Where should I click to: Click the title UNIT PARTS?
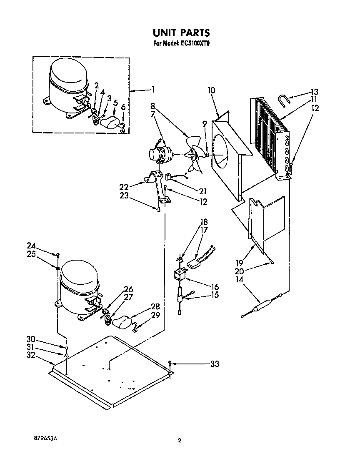point(180,33)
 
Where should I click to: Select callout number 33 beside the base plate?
point(214,364)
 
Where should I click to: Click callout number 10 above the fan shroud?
point(211,90)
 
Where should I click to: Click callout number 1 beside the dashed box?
point(153,89)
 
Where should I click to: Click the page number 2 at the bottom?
point(180,440)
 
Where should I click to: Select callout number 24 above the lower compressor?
point(32,246)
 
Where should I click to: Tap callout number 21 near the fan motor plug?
point(203,191)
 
